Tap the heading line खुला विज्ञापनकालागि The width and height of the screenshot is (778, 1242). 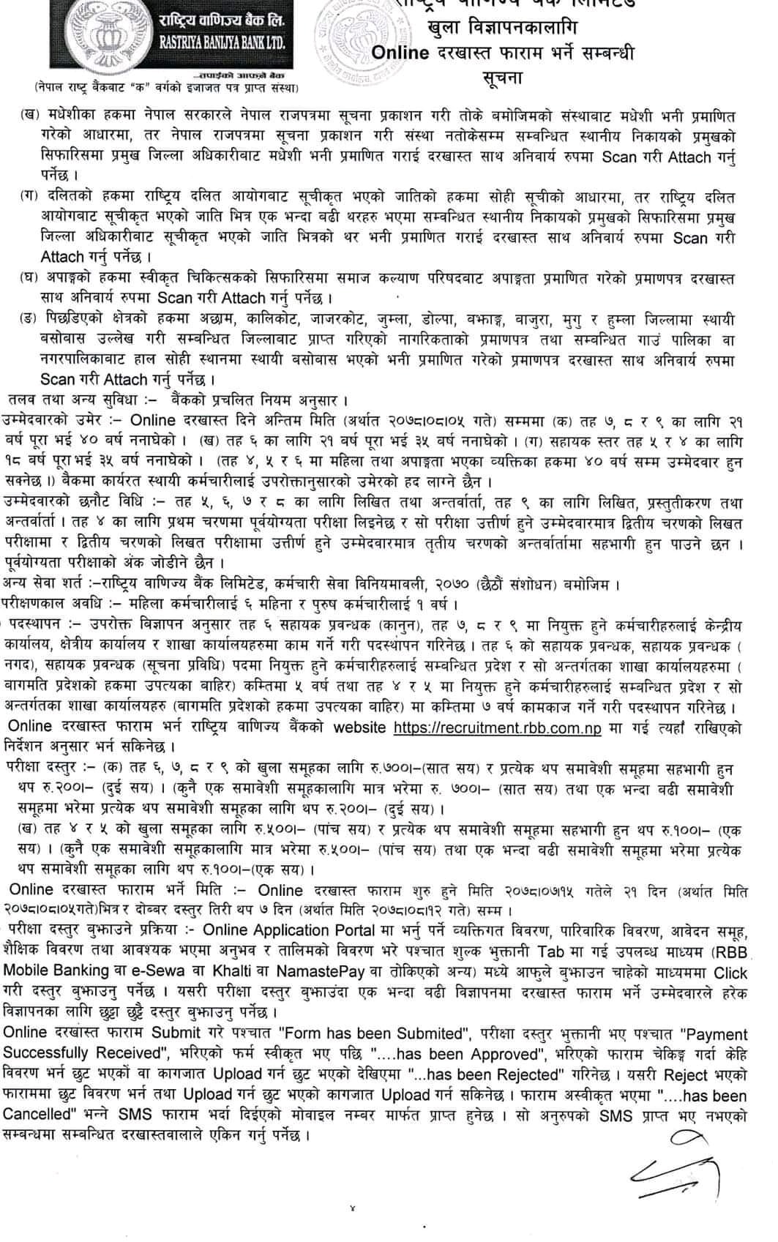tap(503, 28)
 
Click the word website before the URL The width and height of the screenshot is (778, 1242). tap(359, 727)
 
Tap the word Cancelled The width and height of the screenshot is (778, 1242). tap(41, 1116)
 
